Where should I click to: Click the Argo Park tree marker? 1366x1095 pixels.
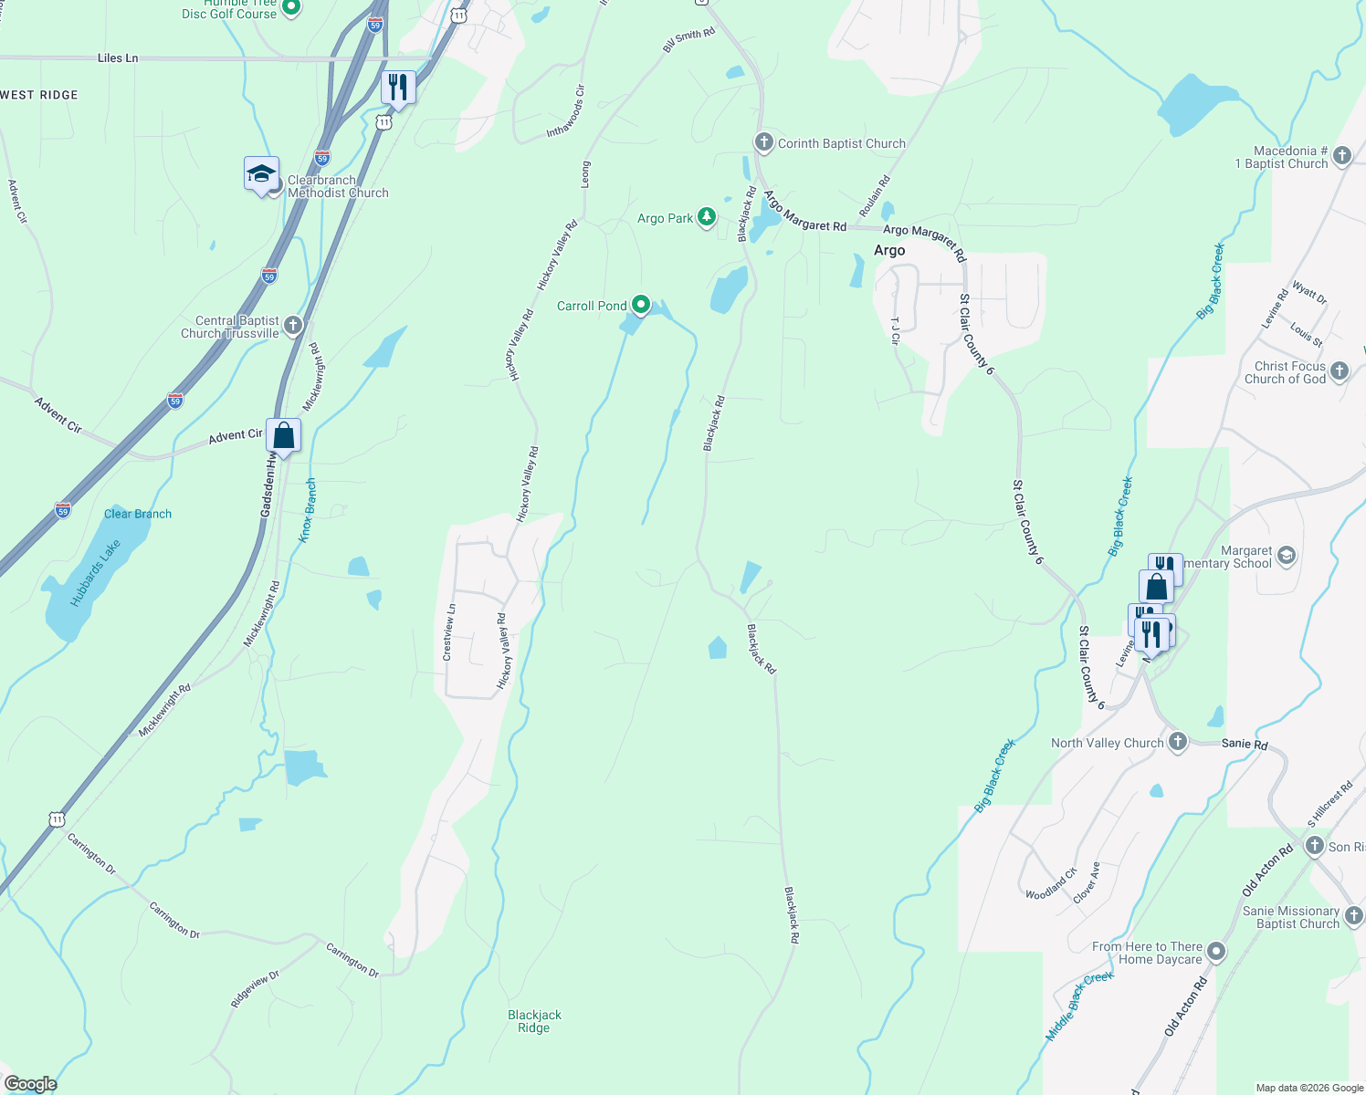(706, 217)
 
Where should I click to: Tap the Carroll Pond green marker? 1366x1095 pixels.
(641, 305)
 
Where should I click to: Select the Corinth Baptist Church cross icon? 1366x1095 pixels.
(763, 142)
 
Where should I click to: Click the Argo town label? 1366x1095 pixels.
(889, 250)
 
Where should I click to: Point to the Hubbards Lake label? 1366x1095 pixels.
(96, 574)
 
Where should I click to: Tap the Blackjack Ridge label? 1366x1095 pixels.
(534, 1021)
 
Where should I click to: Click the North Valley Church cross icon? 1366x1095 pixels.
(1178, 742)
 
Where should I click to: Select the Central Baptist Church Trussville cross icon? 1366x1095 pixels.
(292, 325)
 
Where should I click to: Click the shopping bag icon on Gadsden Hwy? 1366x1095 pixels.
(284, 435)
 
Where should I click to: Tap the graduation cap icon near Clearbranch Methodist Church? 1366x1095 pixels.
(261, 173)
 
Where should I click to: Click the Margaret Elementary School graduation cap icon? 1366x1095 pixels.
(1287, 556)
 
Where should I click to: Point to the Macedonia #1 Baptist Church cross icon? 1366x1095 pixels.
(1341, 155)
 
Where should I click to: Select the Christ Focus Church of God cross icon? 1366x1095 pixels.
(1340, 370)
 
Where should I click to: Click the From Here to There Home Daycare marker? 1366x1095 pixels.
(1216, 952)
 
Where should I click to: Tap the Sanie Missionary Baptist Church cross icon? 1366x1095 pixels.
(1353, 915)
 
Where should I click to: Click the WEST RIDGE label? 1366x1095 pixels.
(39, 95)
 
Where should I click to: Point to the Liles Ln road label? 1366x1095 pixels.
(118, 57)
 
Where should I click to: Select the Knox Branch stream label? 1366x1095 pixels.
(308, 510)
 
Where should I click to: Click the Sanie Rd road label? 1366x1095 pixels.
(1245, 744)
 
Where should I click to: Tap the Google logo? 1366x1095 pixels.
(31, 1083)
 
